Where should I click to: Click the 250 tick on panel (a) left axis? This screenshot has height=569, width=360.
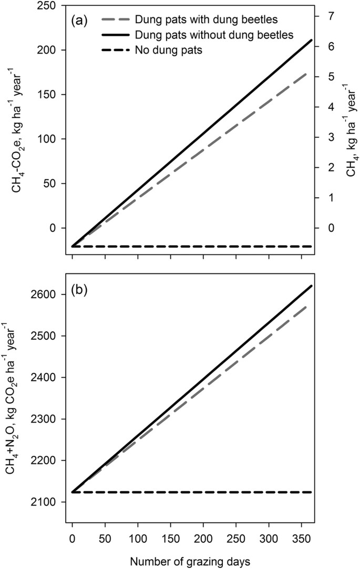[48, 6]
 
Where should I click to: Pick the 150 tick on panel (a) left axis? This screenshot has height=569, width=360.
[48, 95]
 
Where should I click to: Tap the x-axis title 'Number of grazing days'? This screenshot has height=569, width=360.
[187, 561]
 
